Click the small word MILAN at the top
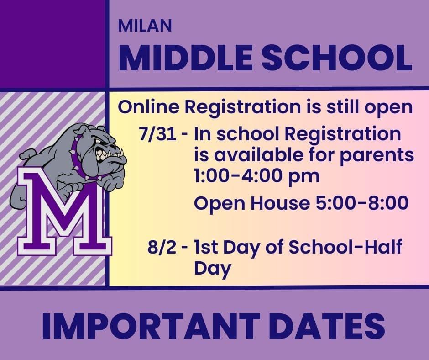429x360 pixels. [x=145, y=26]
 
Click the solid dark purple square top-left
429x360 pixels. [x=52, y=44]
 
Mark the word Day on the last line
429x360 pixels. [x=212, y=269]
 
